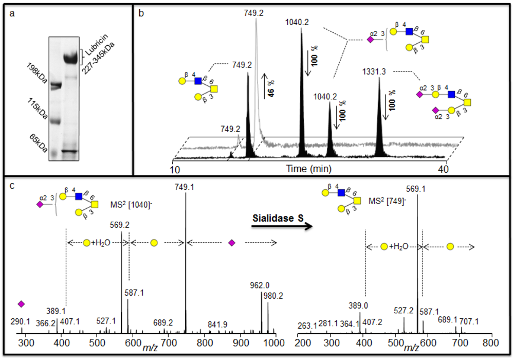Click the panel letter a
(13, 13)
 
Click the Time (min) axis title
(308, 169)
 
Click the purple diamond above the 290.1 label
(21, 304)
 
